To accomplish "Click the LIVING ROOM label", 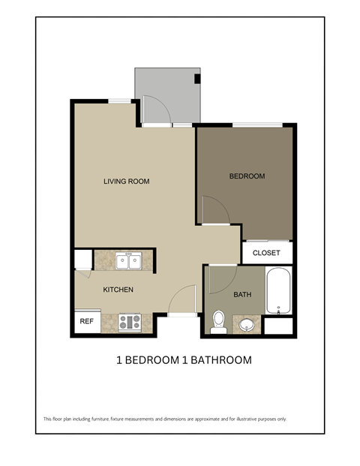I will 127,181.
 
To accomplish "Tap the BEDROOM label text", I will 247,176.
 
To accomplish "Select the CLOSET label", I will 266,253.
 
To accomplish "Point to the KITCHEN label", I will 118,290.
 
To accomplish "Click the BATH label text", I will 242,295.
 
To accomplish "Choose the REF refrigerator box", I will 86,321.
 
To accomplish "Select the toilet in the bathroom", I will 219,321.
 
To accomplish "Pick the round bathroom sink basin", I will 247,325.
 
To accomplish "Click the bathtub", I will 278,291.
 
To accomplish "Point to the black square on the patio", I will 197,78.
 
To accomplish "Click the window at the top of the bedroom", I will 257,125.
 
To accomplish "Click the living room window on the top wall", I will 118,101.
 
